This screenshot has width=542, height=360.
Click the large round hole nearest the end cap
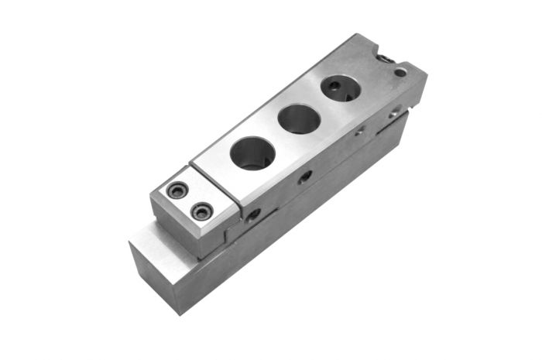pyautogui.click(x=252, y=152)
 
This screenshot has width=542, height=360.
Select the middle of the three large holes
pyautogui.click(x=299, y=119)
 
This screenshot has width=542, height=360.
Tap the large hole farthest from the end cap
pyautogui.click(x=341, y=87)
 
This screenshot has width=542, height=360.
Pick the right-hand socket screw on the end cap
pyautogui.click(x=202, y=210)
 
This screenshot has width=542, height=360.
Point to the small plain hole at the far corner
pyautogui.click(x=400, y=72)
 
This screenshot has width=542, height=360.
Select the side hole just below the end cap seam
pyautogui.click(x=254, y=216)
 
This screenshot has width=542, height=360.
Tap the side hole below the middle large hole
pyautogui.click(x=306, y=177)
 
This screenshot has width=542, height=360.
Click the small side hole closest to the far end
pyautogui.click(x=396, y=111)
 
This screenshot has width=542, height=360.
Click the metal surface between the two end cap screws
pyautogui.click(x=190, y=200)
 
